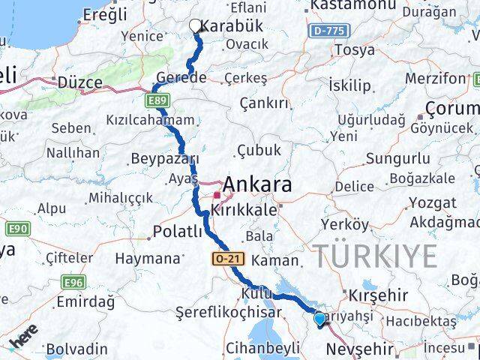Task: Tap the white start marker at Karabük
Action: click(x=196, y=26)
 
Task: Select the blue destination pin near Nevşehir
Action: click(x=320, y=319)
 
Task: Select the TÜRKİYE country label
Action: click(x=375, y=256)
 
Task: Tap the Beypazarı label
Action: click(x=164, y=159)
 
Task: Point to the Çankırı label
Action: click(x=263, y=102)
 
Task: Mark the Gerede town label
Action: click(x=181, y=78)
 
